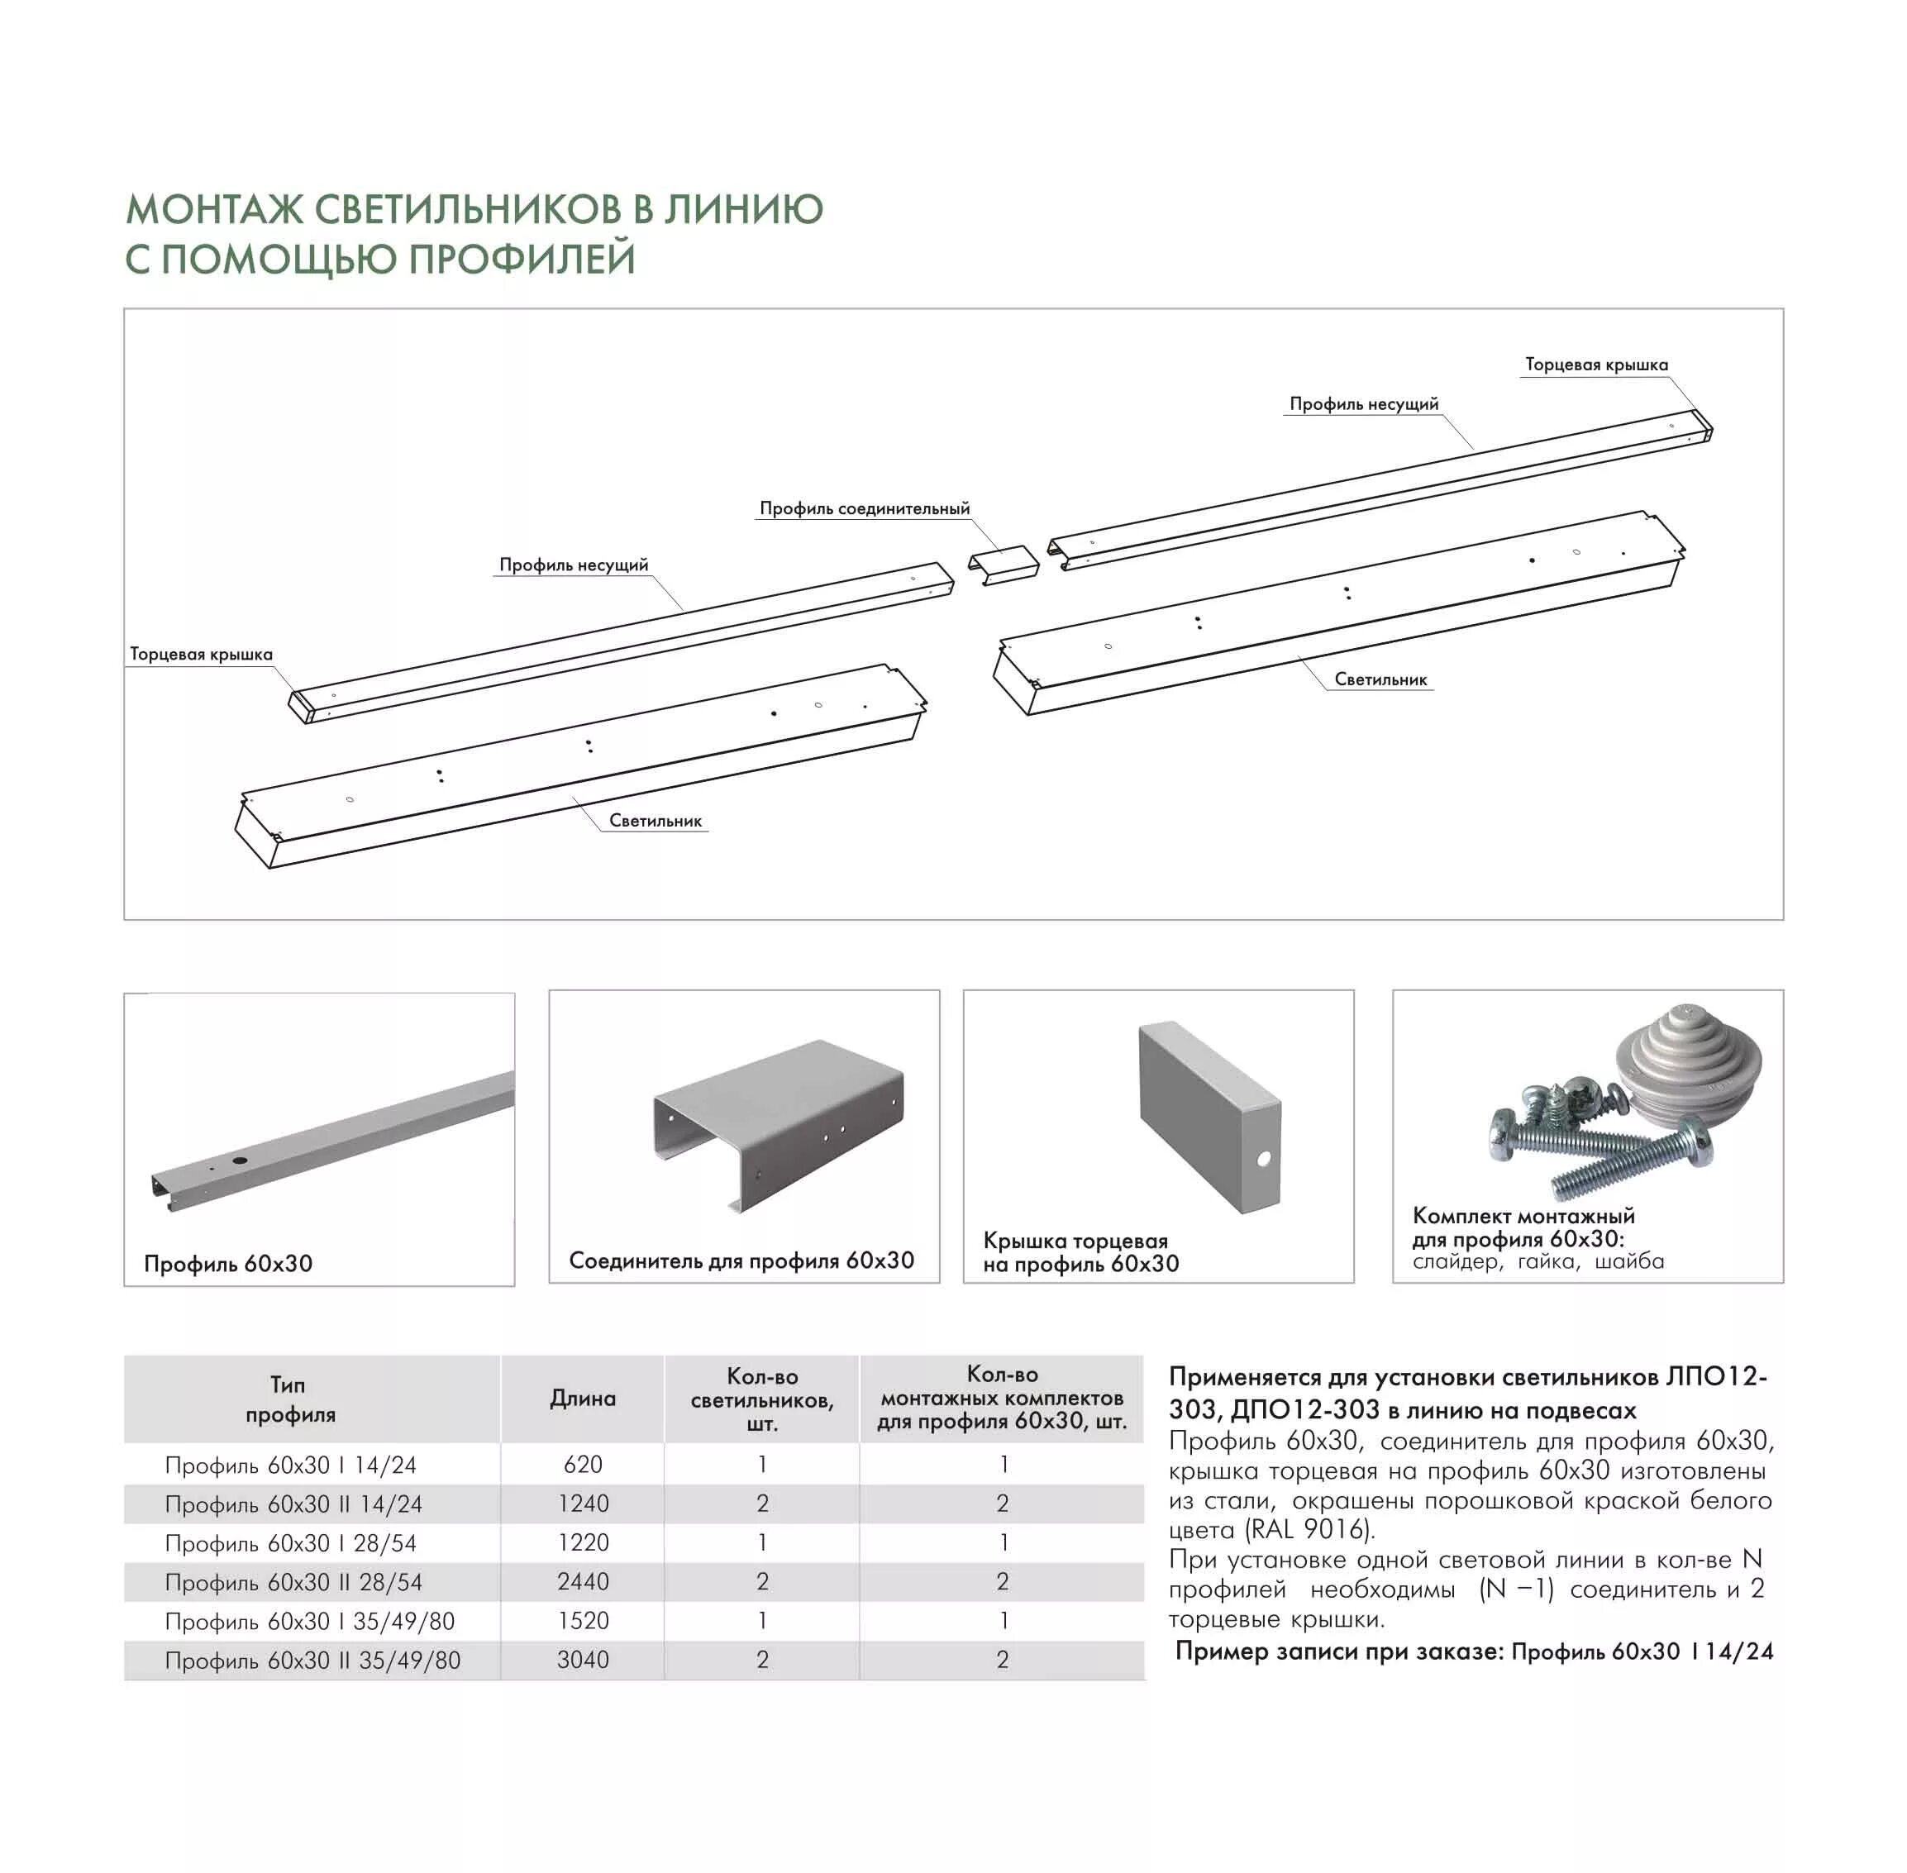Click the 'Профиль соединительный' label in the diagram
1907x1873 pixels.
(x=864, y=508)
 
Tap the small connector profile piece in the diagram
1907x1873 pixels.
(x=1003, y=565)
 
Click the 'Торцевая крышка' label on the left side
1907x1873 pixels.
(x=201, y=654)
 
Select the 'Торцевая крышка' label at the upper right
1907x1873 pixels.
(x=1596, y=365)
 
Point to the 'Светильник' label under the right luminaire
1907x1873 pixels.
(x=1380, y=679)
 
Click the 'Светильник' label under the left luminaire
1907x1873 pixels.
(x=656, y=821)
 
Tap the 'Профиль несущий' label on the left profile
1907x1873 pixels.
(x=574, y=565)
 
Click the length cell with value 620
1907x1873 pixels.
(x=583, y=1464)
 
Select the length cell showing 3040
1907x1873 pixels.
(x=583, y=1660)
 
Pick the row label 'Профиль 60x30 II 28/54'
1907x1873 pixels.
(x=293, y=1582)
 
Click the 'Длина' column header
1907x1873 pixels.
(x=583, y=1398)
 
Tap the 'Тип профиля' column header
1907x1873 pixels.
(x=289, y=1399)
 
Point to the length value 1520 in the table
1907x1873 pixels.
(x=583, y=1620)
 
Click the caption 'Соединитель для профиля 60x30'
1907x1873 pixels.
(x=741, y=1261)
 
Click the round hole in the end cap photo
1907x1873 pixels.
(x=1262, y=1160)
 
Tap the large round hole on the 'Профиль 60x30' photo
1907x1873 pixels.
(x=238, y=1162)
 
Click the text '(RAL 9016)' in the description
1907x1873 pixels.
(x=1308, y=1530)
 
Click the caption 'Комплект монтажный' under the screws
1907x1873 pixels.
(x=1523, y=1216)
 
